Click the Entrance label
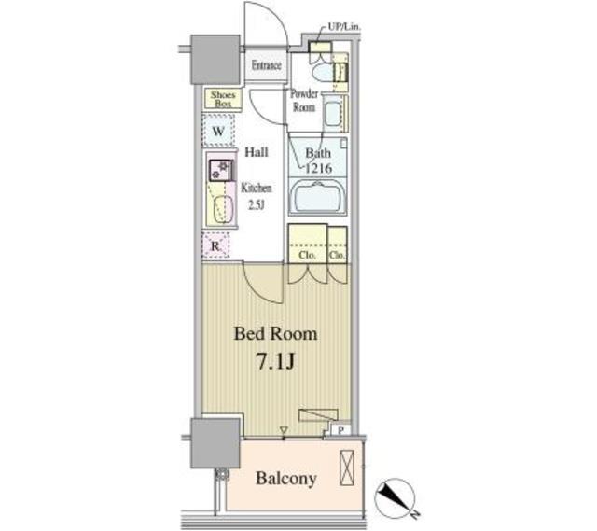tap(266, 65)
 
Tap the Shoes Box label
tap(223, 99)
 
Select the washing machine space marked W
tap(218, 131)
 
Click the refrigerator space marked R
tap(215, 246)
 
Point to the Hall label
tap(257, 152)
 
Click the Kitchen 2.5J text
tap(257, 197)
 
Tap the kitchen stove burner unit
tap(221, 170)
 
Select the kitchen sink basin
tap(223, 209)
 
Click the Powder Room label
tap(304, 100)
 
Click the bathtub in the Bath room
tap(317, 197)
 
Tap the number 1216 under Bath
tap(319, 168)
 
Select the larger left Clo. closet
tap(308, 243)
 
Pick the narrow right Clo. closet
tap(338, 245)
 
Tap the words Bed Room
tap(276, 334)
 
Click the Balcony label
tap(286, 479)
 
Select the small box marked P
tap(341, 430)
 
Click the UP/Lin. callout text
tap(344, 27)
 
